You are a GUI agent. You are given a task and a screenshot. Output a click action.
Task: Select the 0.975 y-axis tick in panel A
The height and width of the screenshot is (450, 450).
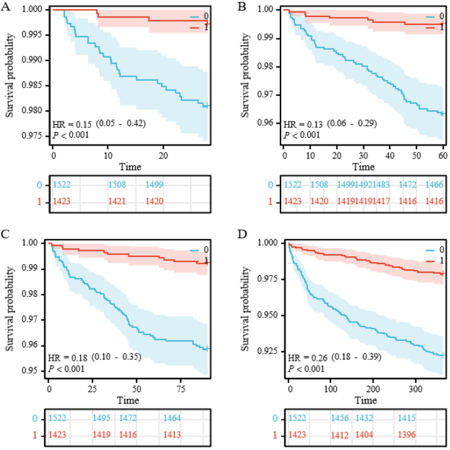(x=36, y=136)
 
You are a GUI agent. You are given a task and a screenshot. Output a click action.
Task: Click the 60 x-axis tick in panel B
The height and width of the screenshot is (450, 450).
(x=442, y=156)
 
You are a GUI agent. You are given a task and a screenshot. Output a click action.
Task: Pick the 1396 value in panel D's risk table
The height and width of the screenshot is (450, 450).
(x=407, y=435)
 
